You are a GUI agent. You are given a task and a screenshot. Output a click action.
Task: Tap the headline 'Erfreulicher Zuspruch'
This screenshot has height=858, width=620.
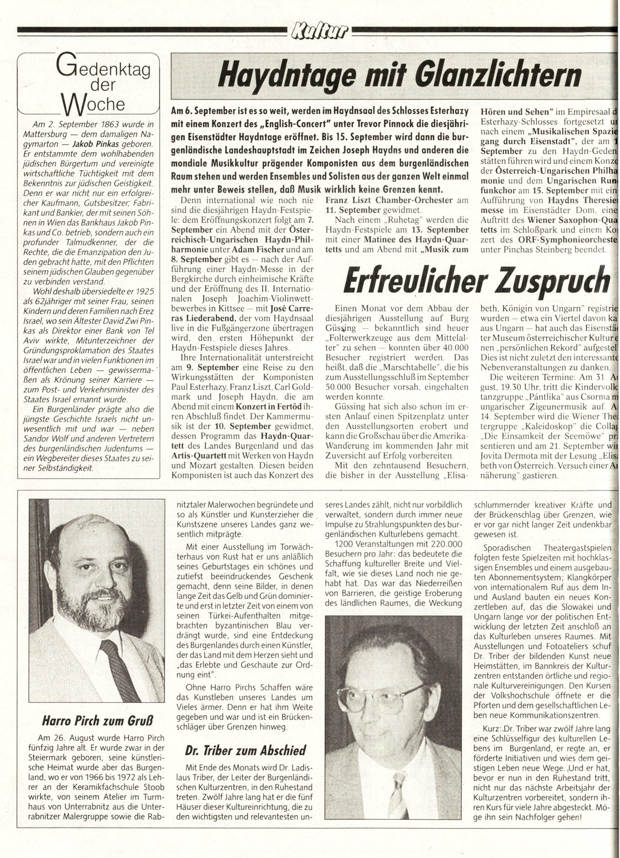coord(477,281)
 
